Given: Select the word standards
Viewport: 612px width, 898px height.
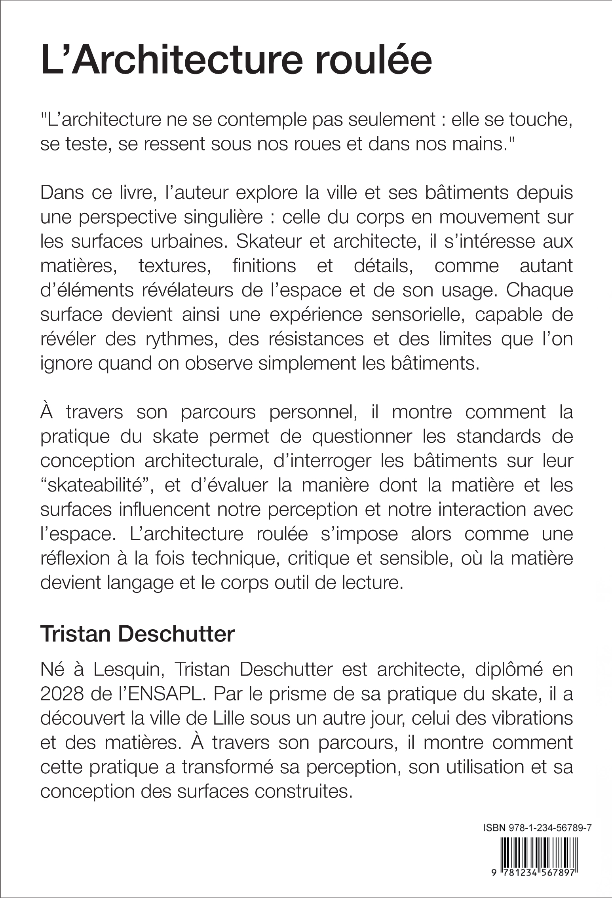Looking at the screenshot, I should click(x=498, y=437).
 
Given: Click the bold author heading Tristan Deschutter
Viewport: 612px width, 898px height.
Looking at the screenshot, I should click(x=137, y=634).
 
